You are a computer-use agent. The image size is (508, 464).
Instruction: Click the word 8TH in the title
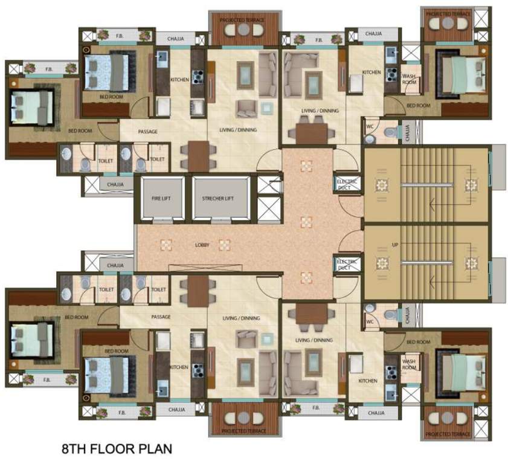(x=76, y=449)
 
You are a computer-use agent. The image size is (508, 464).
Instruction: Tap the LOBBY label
(x=202, y=245)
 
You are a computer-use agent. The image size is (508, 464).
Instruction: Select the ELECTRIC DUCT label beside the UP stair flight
(x=346, y=264)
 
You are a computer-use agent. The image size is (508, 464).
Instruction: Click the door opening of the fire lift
(x=161, y=219)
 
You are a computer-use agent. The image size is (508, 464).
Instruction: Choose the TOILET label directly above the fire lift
(x=157, y=159)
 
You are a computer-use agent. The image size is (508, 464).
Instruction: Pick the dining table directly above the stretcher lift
(x=198, y=155)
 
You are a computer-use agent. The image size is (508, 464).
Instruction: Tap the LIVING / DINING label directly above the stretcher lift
(x=240, y=130)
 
